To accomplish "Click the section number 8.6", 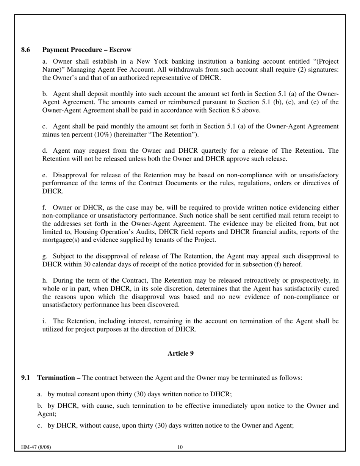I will point(26,50).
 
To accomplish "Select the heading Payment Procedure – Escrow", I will point(87,50).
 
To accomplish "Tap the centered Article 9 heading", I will point(180,353).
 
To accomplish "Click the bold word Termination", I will point(56,378).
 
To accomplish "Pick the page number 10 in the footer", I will point(180,447).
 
